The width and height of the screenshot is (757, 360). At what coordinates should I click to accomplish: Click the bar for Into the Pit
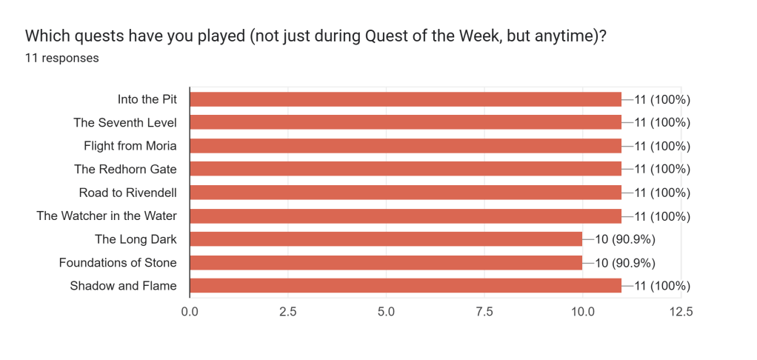406,99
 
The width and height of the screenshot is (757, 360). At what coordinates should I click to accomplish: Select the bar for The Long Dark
386,239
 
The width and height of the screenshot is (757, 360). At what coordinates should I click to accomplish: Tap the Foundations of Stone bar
386,262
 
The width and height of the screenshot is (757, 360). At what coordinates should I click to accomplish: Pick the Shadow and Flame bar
406,286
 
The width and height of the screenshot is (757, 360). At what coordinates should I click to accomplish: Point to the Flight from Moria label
135,146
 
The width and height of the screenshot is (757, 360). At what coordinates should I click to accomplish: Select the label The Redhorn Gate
130,169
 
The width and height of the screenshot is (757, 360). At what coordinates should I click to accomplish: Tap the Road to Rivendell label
133,193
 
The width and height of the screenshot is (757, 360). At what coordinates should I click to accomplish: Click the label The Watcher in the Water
111,216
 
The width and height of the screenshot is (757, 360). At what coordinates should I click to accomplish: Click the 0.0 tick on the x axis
190,312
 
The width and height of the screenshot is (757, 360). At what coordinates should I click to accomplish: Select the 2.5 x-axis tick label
288,312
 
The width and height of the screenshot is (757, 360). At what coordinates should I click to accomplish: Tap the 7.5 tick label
484,312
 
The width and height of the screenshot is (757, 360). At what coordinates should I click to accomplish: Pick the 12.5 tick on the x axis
681,312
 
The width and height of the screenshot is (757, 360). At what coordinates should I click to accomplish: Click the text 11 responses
62,58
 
